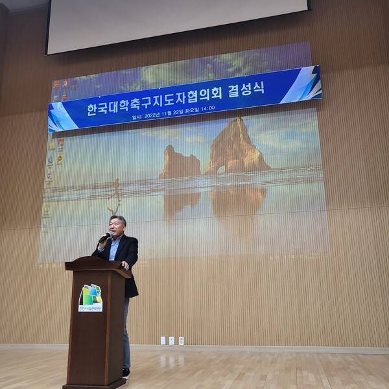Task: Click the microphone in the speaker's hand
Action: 104,238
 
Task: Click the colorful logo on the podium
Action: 91,297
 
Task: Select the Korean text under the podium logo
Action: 91,309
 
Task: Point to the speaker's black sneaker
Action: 126,372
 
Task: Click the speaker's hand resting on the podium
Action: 124,265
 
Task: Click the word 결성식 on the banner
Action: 250,90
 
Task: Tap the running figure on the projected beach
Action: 115,193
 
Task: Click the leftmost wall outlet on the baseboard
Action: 163,340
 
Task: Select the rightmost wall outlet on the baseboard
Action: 181,340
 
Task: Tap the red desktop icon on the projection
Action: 60,143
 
